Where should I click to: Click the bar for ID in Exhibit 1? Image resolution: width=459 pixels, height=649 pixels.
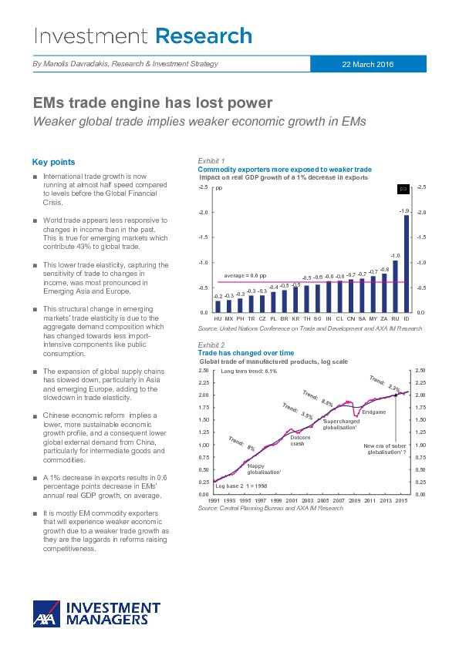(x=407, y=264)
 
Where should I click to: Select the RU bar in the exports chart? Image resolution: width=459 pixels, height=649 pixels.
(x=395, y=287)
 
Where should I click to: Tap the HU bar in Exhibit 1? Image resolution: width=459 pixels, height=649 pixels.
(x=218, y=307)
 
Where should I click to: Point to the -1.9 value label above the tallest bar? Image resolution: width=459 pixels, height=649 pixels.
(x=404, y=211)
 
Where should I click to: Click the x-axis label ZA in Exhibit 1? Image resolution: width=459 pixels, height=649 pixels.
(x=384, y=318)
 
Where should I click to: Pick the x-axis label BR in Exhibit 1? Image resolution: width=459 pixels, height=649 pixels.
(x=284, y=318)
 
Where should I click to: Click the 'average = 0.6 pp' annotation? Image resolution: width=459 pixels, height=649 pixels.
(x=245, y=276)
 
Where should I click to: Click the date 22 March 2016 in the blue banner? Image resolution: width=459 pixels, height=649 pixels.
(x=368, y=64)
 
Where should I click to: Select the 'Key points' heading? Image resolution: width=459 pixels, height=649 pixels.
(x=53, y=162)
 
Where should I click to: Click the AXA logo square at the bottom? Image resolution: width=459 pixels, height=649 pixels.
(x=46, y=614)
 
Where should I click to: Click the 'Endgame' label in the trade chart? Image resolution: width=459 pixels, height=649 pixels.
(x=374, y=412)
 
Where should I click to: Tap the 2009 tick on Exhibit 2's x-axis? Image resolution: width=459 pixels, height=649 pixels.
(x=354, y=500)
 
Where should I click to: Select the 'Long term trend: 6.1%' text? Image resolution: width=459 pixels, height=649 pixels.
(x=249, y=371)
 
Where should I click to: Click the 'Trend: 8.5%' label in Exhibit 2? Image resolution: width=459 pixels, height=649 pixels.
(x=318, y=398)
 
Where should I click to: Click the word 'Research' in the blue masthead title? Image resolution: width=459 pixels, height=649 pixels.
(x=204, y=36)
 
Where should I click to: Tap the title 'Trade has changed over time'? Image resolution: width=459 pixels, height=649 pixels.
(x=246, y=353)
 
